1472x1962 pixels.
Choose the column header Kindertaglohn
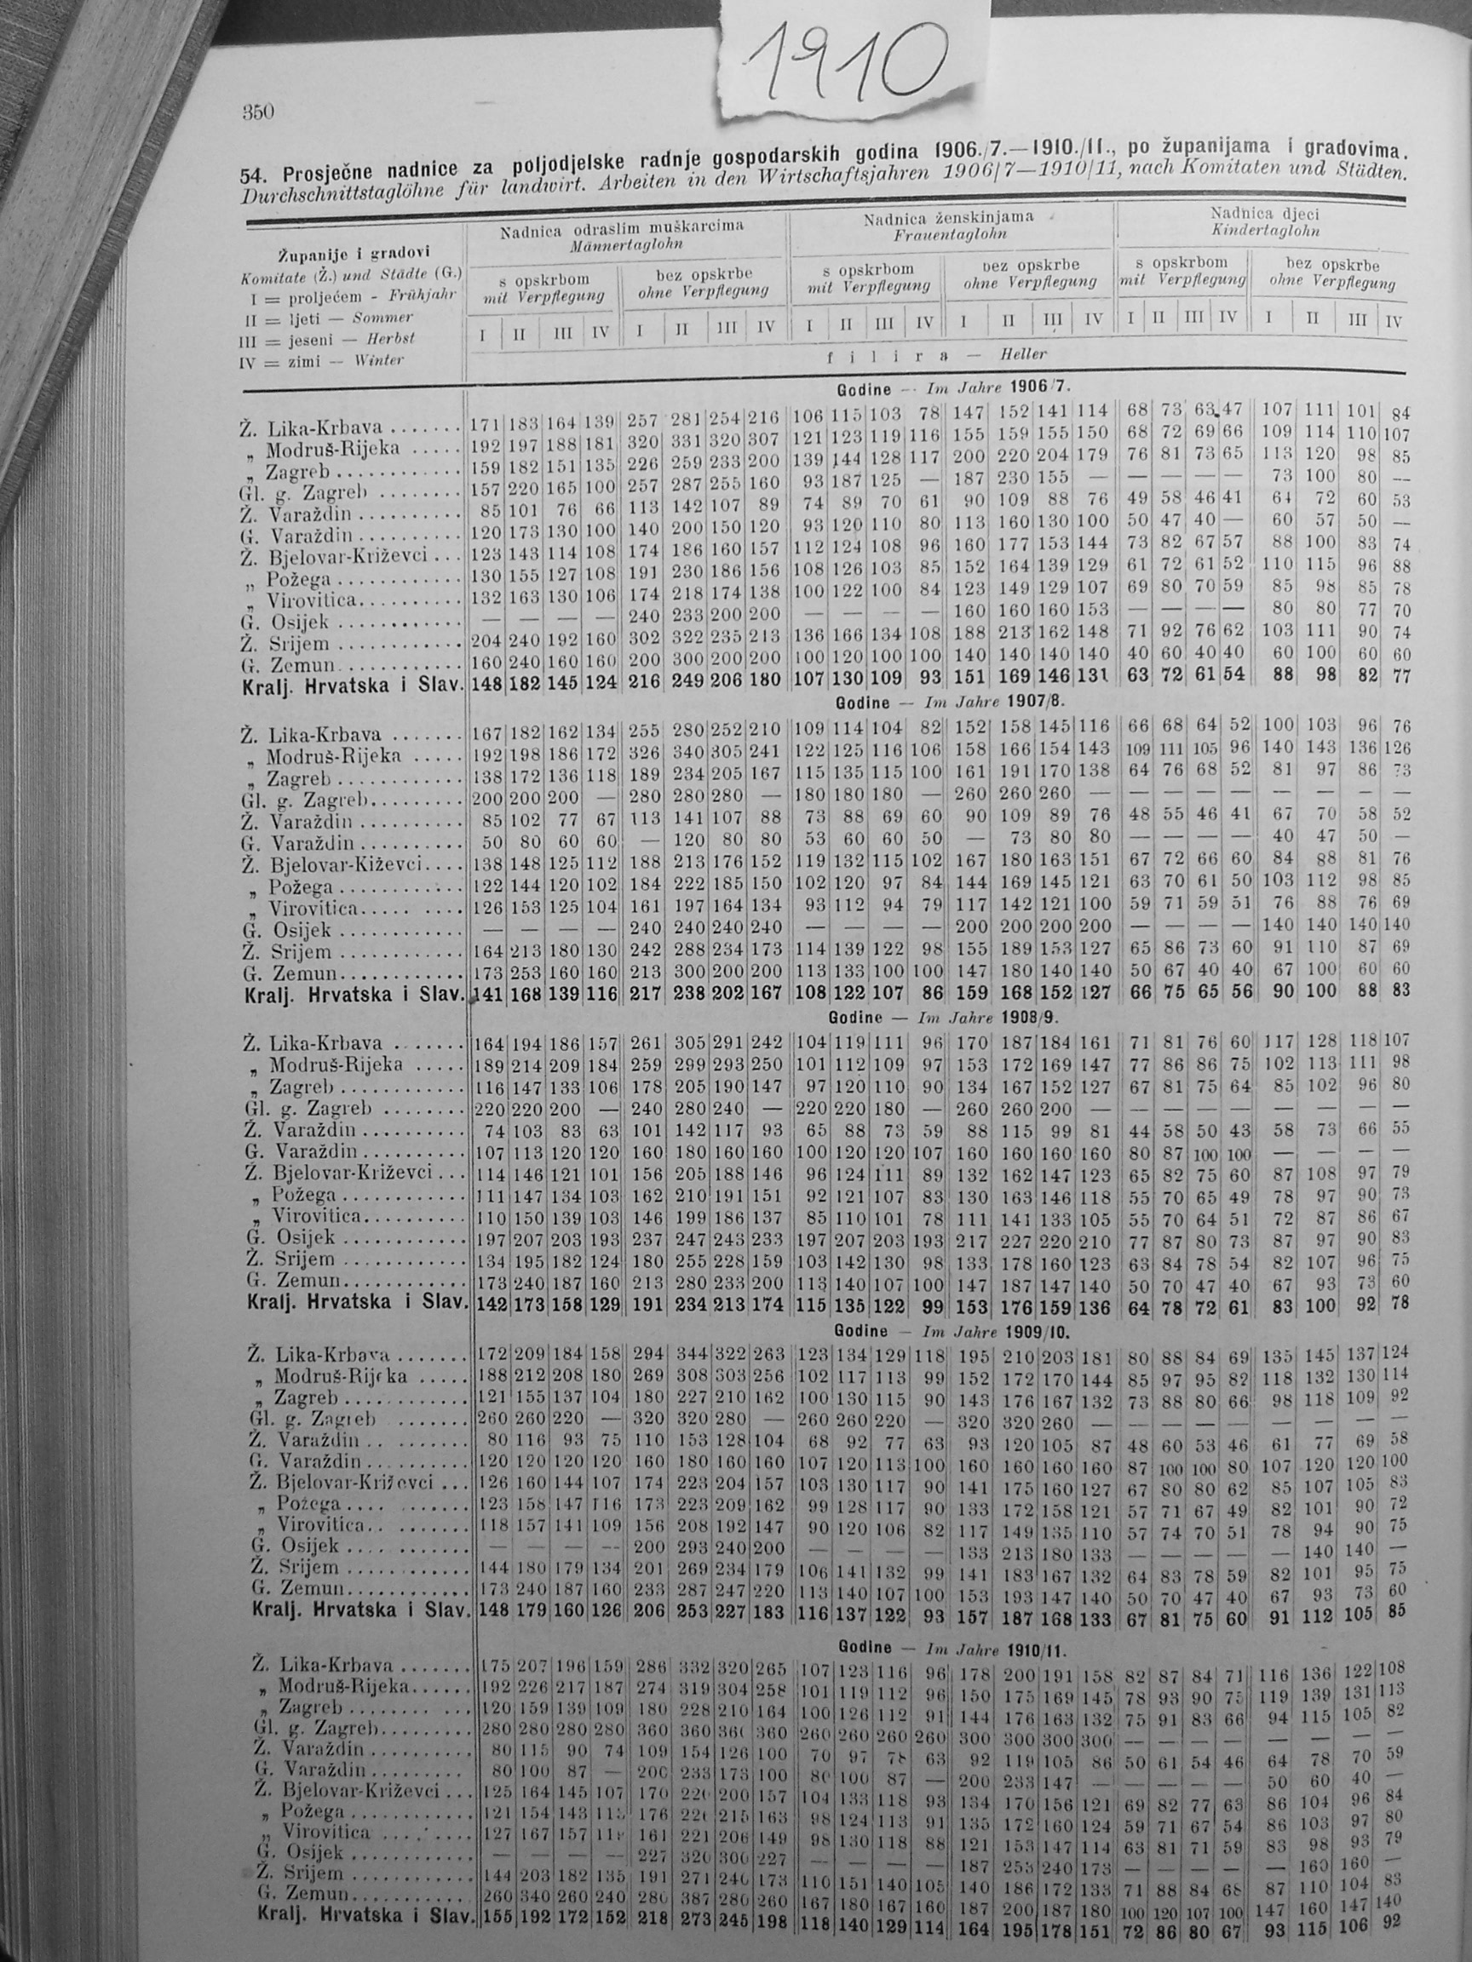click(x=1264, y=231)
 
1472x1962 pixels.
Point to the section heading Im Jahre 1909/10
click(x=998, y=1331)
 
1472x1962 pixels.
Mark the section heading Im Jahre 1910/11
click(x=994, y=1647)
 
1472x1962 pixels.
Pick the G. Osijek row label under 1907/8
click(x=289, y=931)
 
